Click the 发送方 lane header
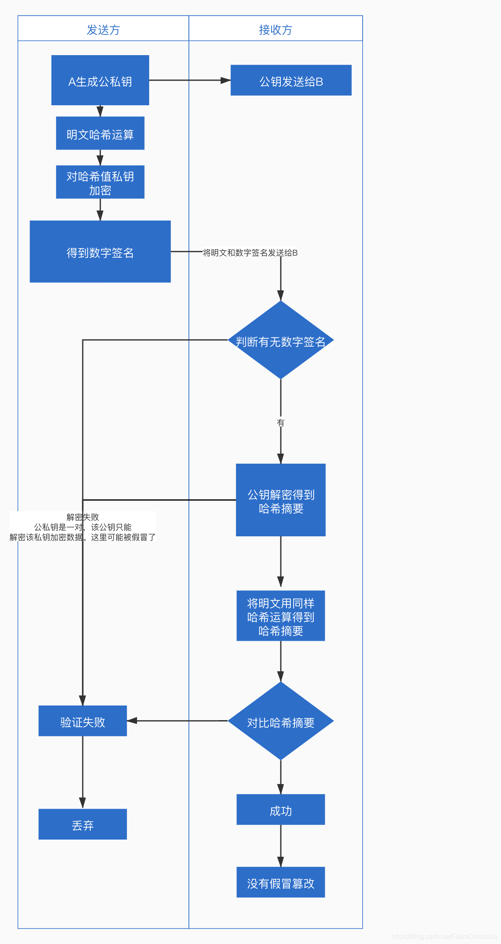click(x=103, y=30)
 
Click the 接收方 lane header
click(x=275, y=30)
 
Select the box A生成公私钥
click(x=100, y=80)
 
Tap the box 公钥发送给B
click(x=291, y=80)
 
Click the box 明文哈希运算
click(x=100, y=133)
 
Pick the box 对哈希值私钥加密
click(x=100, y=182)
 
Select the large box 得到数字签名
click(x=100, y=251)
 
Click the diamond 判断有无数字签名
click(x=281, y=340)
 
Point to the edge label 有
click(x=281, y=423)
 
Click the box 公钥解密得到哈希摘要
click(x=281, y=500)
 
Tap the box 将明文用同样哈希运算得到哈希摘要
click(x=281, y=616)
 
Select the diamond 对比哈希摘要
click(x=281, y=721)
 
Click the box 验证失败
click(x=83, y=721)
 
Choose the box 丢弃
click(x=83, y=824)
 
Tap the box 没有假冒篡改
click(x=281, y=882)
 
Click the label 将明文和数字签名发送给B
click(x=250, y=253)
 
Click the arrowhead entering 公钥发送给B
click(x=226, y=80)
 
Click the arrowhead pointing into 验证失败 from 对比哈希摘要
click(x=132, y=721)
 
